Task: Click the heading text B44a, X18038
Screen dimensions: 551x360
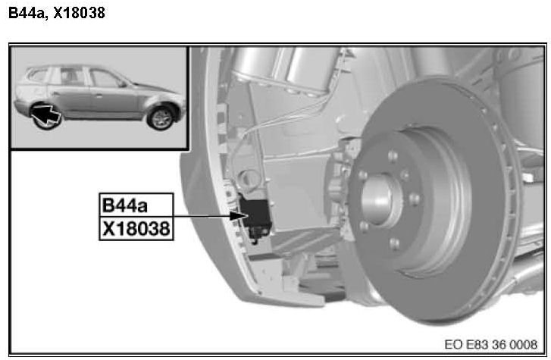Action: pos(57,13)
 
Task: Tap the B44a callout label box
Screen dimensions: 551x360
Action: pos(136,205)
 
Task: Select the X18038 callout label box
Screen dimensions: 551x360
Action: pos(136,229)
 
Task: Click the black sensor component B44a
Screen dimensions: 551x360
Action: pos(255,212)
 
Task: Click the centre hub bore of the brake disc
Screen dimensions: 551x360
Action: pos(377,199)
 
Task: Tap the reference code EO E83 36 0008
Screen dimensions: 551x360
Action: pos(490,344)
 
